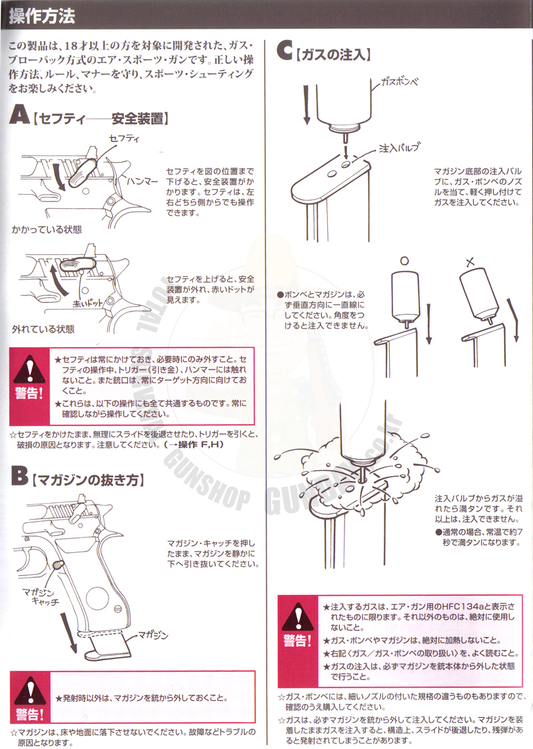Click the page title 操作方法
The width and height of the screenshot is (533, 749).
pyautogui.click(x=42, y=16)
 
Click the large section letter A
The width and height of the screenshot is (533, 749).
pyautogui.click(x=19, y=115)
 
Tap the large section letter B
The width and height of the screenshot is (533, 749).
pyautogui.click(x=19, y=476)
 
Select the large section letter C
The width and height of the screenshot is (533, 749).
pyautogui.click(x=284, y=51)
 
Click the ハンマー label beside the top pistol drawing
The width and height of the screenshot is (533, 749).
pyautogui.click(x=143, y=181)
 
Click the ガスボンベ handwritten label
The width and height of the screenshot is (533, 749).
pyautogui.click(x=400, y=81)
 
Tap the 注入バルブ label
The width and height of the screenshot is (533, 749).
pyautogui.click(x=399, y=148)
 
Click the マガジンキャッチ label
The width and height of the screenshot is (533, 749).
pyautogui.click(x=42, y=597)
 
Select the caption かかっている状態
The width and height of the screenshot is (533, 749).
pyautogui.click(x=47, y=229)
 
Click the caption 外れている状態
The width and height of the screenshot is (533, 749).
pyautogui.click(x=43, y=329)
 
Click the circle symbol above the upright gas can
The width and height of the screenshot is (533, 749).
pyautogui.click(x=404, y=261)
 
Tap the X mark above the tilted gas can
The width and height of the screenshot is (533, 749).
pyautogui.click(x=470, y=261)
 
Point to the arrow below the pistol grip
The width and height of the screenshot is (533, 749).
pyautogui.click(x=68, y=632)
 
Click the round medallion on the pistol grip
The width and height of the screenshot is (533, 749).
pyautogui.click(x=99, y=597)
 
